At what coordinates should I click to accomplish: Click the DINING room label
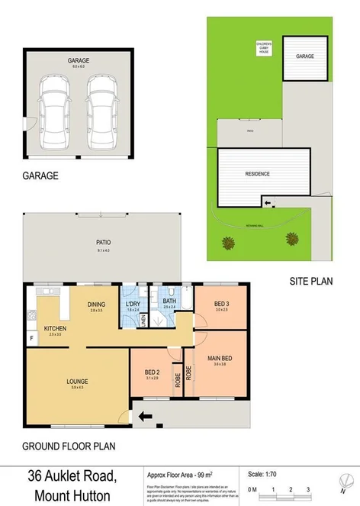point(96,304)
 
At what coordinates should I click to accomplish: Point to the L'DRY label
point(133,303)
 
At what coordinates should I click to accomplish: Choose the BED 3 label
point(220,305)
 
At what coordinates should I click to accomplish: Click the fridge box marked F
point(31,337)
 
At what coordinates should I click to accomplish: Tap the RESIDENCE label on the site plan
point(257,174)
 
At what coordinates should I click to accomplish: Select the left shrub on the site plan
point(227,243)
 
